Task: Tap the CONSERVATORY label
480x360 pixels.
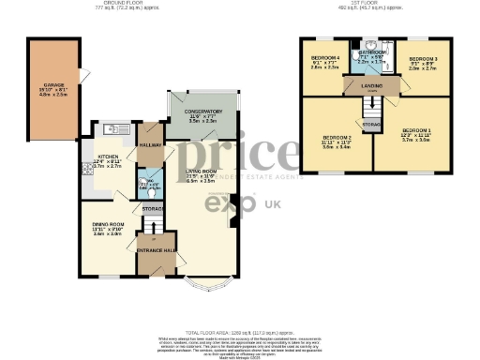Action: click(x=202, y=112)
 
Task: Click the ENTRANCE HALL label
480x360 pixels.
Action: click(x=157, y=252)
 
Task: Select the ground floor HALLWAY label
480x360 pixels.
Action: click(x=150, y=144)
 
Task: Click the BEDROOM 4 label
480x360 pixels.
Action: click(x=324, y=59)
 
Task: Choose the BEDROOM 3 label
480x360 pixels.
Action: click(x=422, y=60)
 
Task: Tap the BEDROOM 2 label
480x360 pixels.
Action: click(x=337, y=139)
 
